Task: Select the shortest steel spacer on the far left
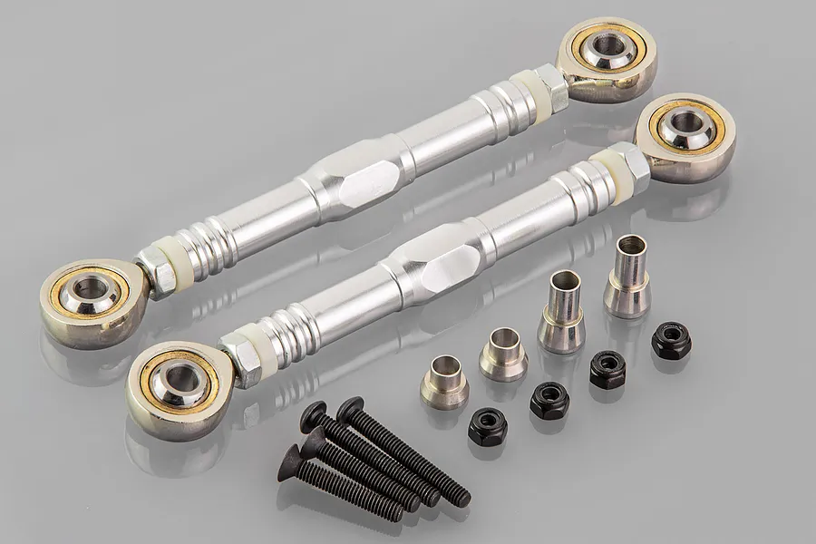pyautogui.click(x=443, y=381)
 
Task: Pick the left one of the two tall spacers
pyautogui.click(x=562, y=313)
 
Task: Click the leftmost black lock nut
pyautogui.click(x=487, y=426)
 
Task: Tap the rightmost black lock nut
pyautogui.click(x=671, y=340)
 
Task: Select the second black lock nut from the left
pyautogui.click(x=549, y=399)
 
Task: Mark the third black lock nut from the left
pyautogui.click(x=607, y=370)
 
